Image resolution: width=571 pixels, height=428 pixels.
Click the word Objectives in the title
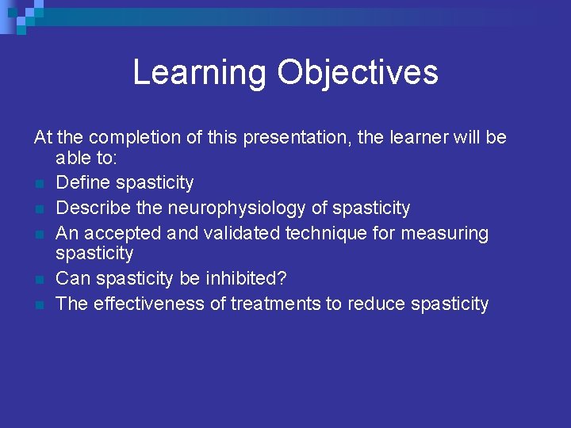click(357, 72)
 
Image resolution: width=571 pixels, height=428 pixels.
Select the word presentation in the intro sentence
click(297, 137)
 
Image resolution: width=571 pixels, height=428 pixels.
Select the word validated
click(240, 233)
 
